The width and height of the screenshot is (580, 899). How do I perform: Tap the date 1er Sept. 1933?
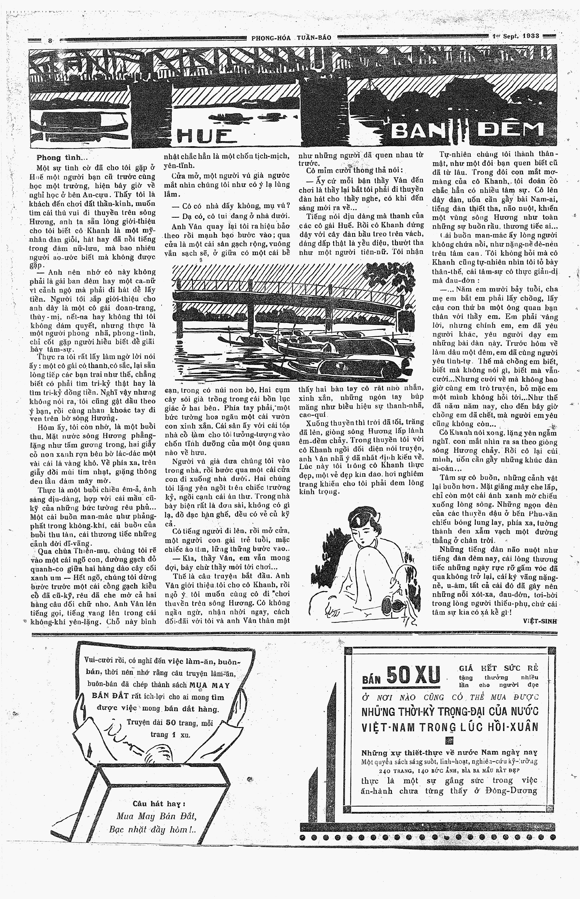click(516, 36)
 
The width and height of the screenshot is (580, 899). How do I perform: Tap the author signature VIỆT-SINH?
click(539, 621)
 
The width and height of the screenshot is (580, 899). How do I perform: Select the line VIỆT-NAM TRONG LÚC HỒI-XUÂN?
click(450, 727)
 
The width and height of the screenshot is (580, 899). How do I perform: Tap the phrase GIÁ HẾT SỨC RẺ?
click(498, 668)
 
